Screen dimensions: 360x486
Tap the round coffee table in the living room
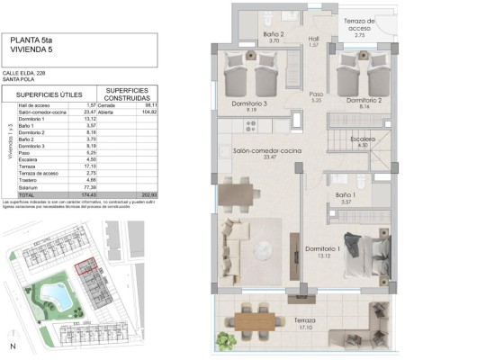coord(267,249)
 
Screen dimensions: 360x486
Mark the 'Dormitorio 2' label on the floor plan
coord(363,100)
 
